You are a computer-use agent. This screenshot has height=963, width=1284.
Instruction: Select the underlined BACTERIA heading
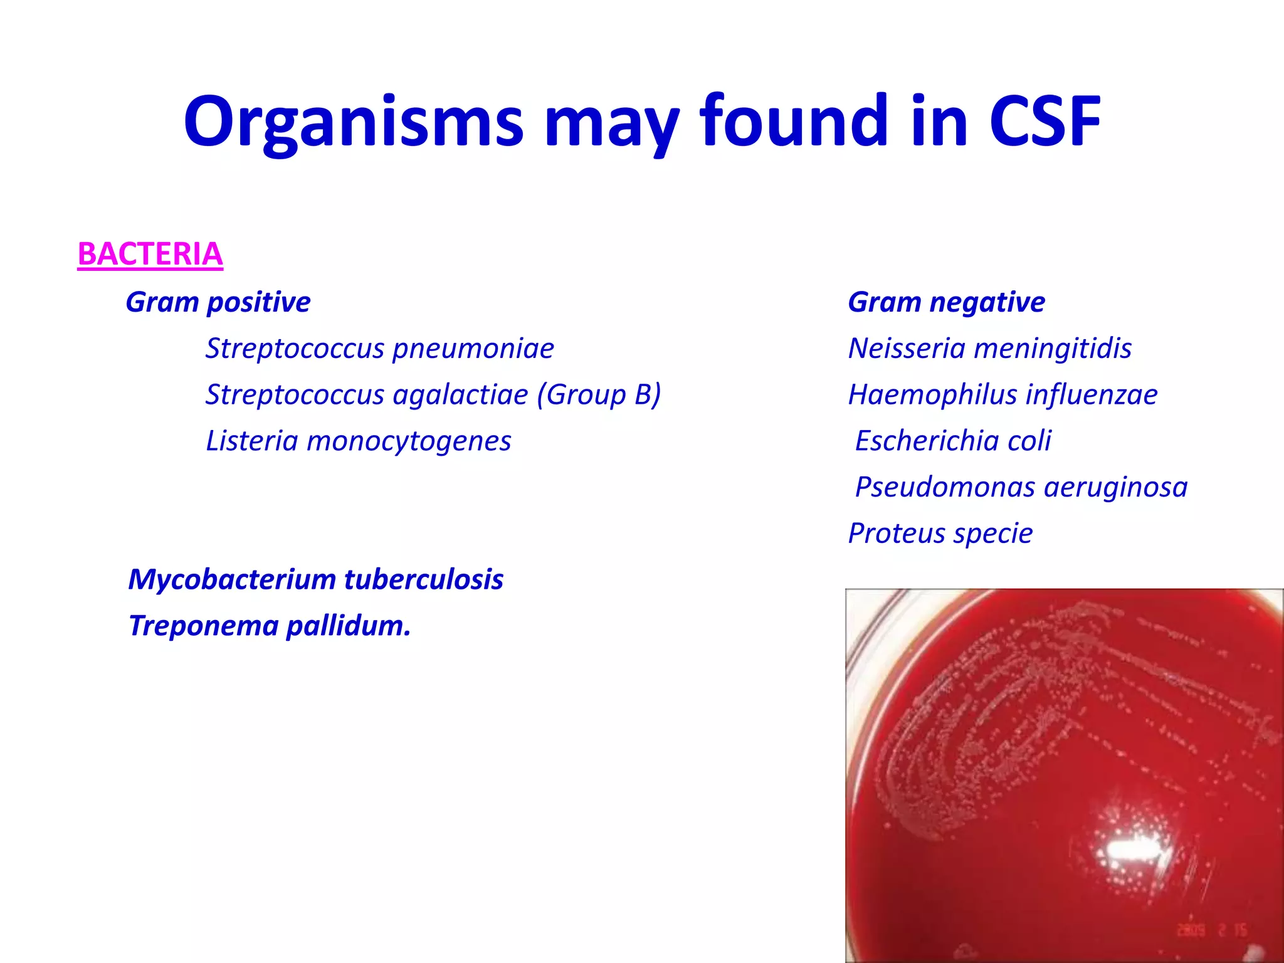150,255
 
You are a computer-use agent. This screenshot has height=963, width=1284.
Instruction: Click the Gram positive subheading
218,302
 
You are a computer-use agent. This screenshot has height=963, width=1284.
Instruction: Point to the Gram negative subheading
946,302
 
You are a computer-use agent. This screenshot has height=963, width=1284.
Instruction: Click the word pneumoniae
473,349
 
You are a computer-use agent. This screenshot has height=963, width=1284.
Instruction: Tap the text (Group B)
599,395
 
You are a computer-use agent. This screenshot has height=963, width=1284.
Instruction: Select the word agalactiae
461,395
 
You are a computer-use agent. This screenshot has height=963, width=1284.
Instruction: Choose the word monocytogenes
409,441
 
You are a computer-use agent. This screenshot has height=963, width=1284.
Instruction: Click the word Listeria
252,441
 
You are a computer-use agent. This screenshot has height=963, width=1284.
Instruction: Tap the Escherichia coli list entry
953,441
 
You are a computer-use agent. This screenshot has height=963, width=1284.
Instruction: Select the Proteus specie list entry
940,534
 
